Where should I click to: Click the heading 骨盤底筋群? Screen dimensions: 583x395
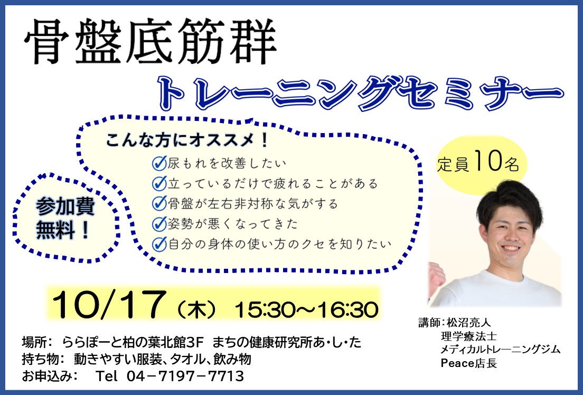[150, 41]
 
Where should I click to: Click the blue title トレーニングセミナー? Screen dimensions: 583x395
[361, 93]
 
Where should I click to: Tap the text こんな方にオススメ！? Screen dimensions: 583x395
[187, 140]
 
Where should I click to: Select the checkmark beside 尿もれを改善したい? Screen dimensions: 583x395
[159, 163]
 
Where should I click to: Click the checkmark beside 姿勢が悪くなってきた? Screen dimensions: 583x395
[159, 224]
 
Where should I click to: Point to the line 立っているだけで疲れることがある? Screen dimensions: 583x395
[273, 183]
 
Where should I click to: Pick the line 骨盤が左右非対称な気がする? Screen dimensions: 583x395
[253, 203]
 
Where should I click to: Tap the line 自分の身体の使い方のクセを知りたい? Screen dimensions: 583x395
[279, 244]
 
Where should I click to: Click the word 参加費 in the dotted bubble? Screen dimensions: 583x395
[65, 207]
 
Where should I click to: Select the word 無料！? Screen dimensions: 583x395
[63, 230]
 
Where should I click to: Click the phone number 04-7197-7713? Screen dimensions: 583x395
[185, 376]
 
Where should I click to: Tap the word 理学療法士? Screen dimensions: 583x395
[469, 336]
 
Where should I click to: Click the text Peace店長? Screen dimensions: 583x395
[469, 363]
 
